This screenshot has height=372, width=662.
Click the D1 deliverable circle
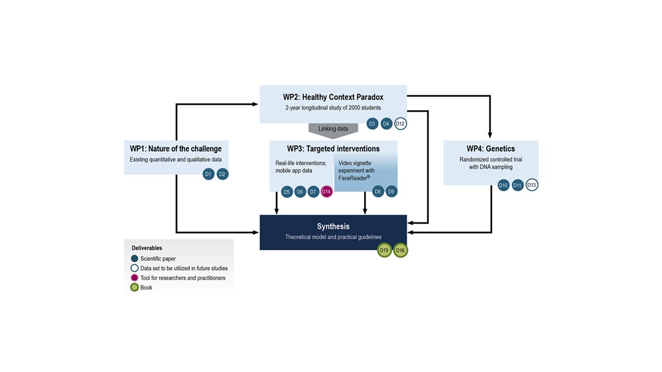(208, 175)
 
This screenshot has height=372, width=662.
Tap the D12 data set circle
(400, 124)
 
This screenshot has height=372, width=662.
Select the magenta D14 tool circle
(326, 192)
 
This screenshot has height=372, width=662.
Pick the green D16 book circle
(400, 251)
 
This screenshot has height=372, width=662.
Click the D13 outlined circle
(532, 185)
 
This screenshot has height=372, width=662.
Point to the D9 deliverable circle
(392, 192)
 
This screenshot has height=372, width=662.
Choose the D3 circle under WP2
(372, 124)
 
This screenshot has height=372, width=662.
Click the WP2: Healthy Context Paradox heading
(333, 97)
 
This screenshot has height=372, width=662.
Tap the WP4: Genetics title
(491, 149)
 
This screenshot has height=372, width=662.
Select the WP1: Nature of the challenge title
(176, 149)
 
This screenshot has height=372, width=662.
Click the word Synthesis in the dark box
(333, 226)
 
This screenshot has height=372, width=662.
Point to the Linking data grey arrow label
(333, 129)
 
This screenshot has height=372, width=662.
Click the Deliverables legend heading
(147, 248)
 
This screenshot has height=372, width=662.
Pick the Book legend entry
(146, 288)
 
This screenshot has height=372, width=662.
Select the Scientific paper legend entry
(158, 259)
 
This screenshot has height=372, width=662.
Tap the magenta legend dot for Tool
(134, 278)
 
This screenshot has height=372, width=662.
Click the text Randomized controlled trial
(491, 160)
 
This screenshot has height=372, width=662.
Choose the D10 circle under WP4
(504, 185)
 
